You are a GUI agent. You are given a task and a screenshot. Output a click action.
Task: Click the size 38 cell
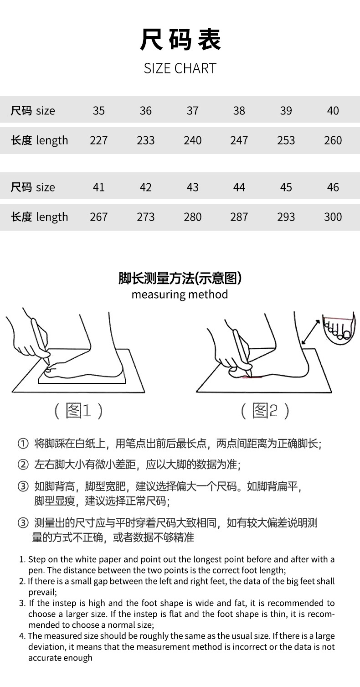click(239, 111)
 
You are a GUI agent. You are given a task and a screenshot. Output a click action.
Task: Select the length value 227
click(98, 140)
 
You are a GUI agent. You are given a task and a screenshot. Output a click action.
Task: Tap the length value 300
click(333, 217)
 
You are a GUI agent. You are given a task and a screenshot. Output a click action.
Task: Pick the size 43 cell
click(192, 187)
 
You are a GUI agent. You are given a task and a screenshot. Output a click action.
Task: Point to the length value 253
click(286, 140)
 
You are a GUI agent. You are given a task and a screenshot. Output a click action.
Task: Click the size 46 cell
click(333, 187)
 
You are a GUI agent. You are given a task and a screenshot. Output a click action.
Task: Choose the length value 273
click(145, 217)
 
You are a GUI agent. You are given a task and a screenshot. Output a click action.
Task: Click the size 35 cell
click(98, 111)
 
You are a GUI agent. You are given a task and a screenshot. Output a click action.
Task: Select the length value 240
click(192, 140)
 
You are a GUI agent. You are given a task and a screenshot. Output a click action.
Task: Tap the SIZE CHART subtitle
click(180, 68)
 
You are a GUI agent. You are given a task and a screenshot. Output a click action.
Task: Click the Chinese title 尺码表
click(180, 40)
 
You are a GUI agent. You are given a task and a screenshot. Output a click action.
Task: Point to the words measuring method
click(180, 294)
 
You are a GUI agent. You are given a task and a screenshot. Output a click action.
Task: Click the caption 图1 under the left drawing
click(79, 411)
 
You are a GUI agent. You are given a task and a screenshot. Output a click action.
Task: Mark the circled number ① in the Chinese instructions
click(23, 444)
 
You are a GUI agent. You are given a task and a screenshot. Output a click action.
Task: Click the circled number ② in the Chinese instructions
click(23, 465)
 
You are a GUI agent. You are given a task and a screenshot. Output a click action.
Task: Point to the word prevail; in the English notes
click(42, 592)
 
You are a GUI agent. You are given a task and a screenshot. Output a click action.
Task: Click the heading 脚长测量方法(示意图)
click(180, 278)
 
